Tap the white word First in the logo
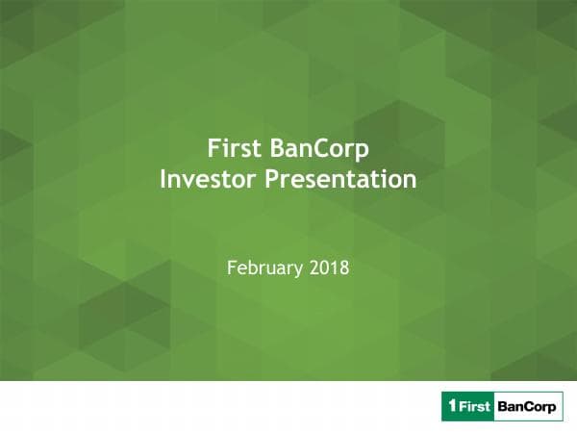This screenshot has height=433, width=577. coord(473,406)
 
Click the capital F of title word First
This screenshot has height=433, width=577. coord(213,150)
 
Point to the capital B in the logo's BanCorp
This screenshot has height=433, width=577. coord(502,406)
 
